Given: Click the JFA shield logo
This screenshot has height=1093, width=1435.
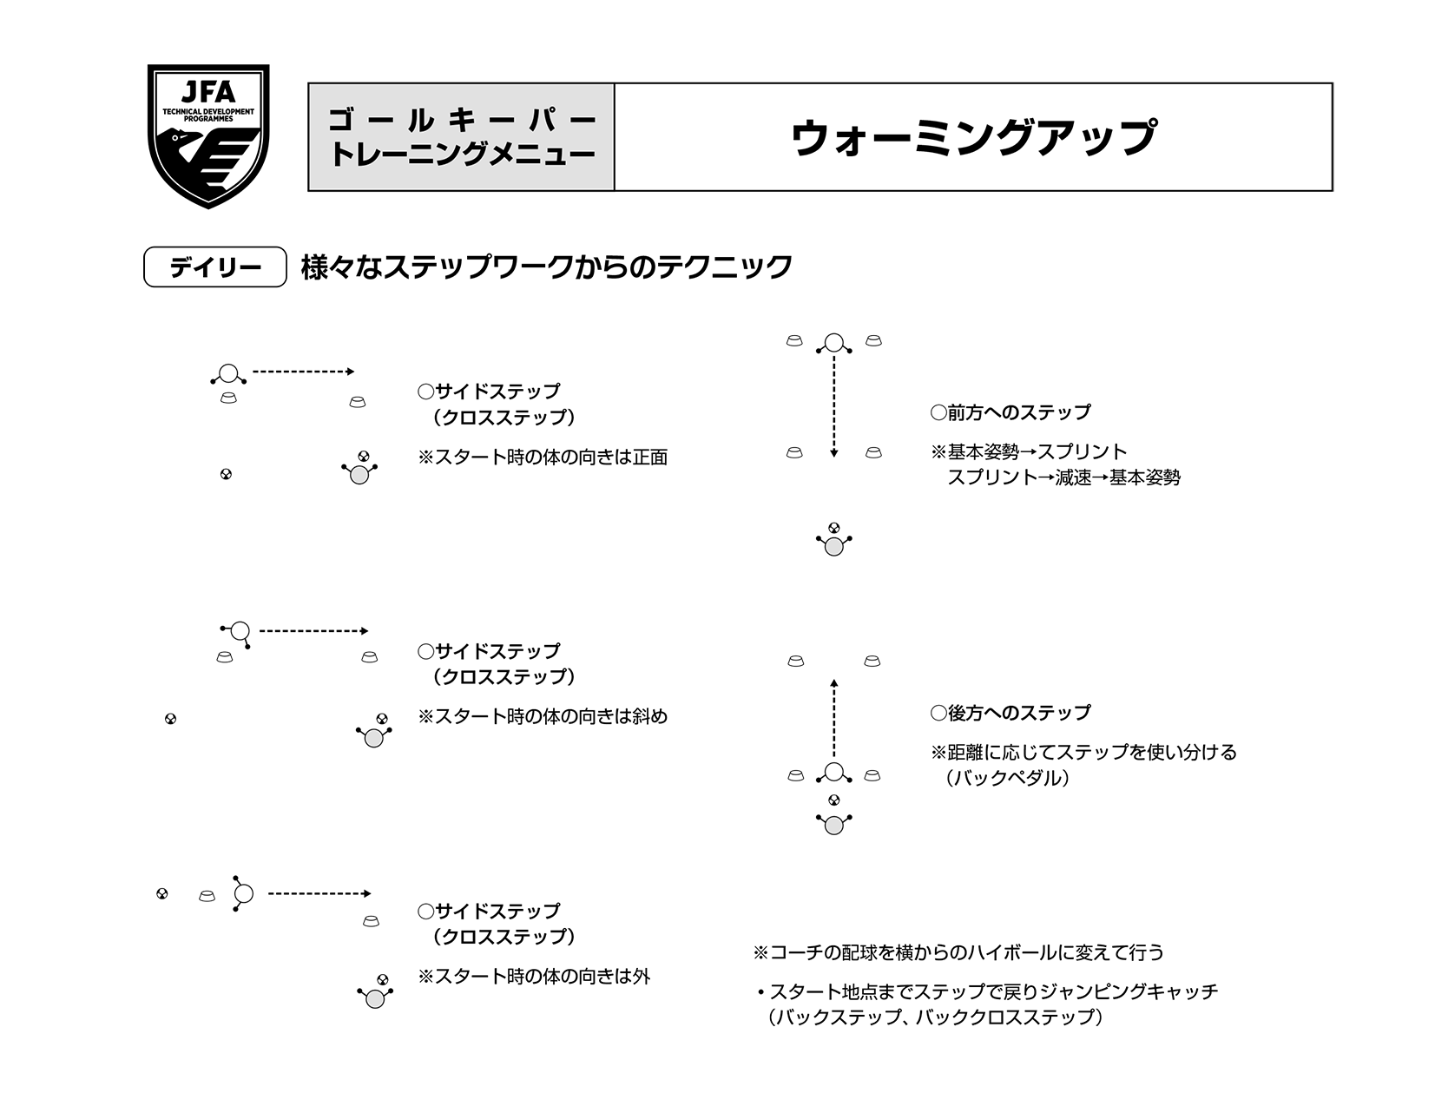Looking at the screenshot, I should click(x=208, y=135).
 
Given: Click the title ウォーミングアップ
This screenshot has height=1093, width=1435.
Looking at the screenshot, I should click(x=972, y=137).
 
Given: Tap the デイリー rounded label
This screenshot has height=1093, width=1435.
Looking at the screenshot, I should click(x=214, y=267).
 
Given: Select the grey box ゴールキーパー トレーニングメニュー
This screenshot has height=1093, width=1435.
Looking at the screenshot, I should click(x=461, y=137).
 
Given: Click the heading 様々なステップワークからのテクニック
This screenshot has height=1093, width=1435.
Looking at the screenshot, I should click(x=546, y=267).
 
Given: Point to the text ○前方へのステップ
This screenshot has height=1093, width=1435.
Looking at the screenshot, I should click(x=1010, y=412).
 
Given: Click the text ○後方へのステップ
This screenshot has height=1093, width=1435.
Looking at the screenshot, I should click(x=1010, y=713).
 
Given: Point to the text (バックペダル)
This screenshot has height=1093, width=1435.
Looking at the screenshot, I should click(x=1007, y=778).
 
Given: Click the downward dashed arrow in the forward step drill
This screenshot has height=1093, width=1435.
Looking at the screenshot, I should click(x=833, y=404).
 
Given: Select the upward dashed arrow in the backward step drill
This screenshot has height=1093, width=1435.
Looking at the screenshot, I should click(x=833, y=719).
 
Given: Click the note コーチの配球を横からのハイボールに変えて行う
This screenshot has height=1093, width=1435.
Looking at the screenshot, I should click(x=958, y=952).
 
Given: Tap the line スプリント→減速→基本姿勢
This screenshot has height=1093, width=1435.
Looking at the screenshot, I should click(x=1063, y=477).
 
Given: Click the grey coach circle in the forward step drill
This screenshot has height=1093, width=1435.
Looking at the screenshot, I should click(x=833, y=547).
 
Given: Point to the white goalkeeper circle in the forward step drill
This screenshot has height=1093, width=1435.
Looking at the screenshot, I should click(x=833, y=343).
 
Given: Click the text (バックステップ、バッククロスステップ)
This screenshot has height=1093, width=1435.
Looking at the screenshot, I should click(x=934, y=1017).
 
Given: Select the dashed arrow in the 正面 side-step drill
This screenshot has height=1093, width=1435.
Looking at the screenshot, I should click(x=303, y=372).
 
